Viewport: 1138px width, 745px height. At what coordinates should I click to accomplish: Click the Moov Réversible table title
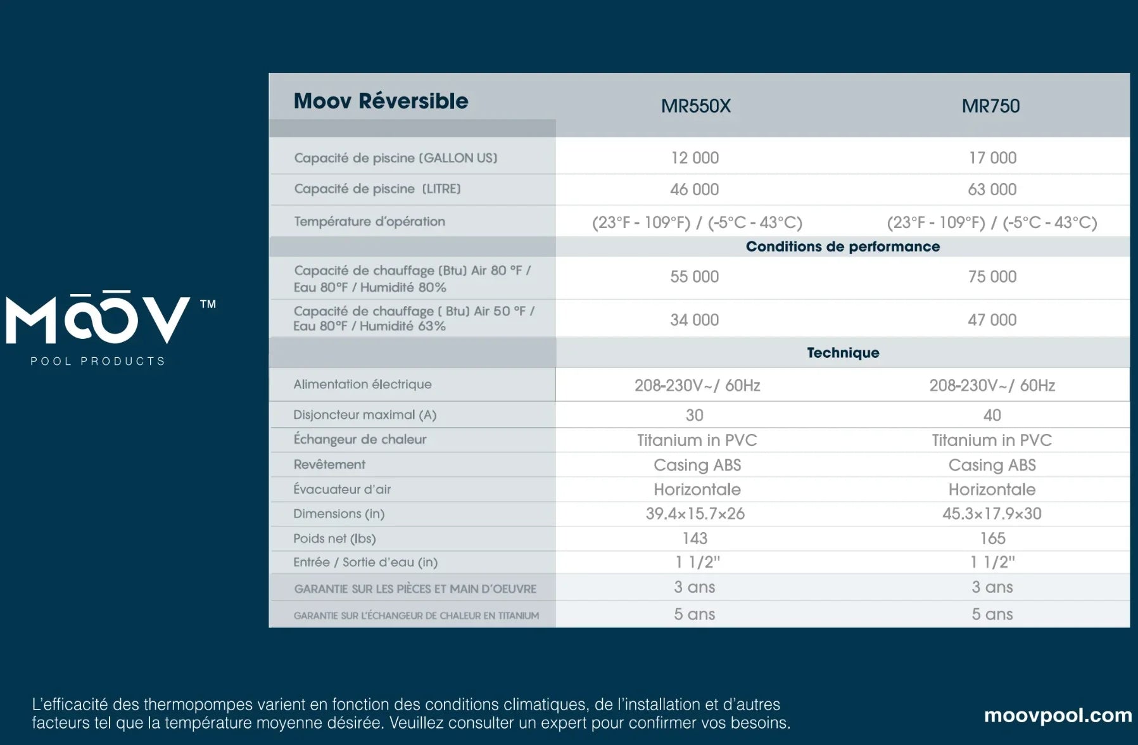click(381, 101)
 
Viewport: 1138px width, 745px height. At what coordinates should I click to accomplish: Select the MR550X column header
click(695, 106)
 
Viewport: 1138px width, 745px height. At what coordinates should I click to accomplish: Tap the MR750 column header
click(990, 106)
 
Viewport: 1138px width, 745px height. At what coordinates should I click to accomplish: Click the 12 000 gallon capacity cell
click(695, 158)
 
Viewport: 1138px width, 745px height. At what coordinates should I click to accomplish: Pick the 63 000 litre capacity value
click(992, 189)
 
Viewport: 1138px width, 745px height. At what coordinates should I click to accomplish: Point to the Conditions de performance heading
click(842, 246)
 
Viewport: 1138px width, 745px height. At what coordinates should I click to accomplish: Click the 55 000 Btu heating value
click(694, 277)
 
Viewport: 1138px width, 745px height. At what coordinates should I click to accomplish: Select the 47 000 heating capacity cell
click(992, 320)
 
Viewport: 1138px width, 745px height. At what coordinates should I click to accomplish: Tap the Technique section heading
click(842, 353)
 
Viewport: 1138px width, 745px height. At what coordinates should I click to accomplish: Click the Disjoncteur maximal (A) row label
click(365, 415)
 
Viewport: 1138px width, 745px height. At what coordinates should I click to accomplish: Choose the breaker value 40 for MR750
click(992, 416)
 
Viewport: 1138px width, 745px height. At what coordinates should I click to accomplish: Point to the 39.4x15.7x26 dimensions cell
click(695, 514)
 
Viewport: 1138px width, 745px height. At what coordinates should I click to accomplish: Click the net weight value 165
click(992, 538)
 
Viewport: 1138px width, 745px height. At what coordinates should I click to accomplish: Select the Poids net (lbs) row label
click(334, 538)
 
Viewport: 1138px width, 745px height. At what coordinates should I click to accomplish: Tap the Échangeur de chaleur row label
click(360, 440)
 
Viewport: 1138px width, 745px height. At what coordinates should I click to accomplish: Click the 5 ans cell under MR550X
click(694, 614)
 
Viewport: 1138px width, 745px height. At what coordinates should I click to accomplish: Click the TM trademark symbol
click(208, 304)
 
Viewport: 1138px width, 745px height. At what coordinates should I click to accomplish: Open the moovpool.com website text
click(1058, 715)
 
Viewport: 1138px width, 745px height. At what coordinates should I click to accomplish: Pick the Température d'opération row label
click(369, 222)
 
